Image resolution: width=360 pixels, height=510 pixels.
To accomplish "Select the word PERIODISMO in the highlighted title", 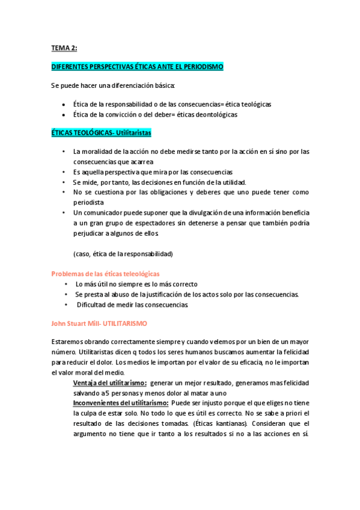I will [203, 67].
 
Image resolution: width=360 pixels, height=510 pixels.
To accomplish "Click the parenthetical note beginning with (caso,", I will [123, 254].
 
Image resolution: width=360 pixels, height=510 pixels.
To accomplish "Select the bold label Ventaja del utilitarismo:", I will [110, 383].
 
